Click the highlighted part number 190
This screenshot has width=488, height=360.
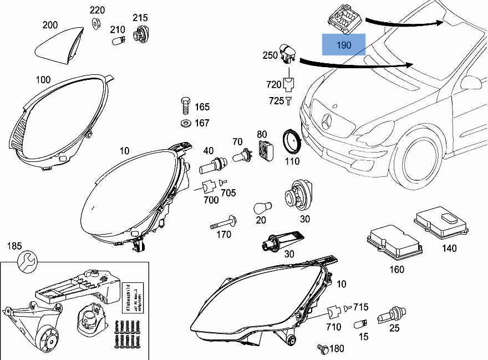[344, 44]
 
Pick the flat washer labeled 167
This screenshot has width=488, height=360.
[185, 123]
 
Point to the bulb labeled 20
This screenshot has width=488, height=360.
[261, 208]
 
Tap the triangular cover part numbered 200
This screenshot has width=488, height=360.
[58, 44]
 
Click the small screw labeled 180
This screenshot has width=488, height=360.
[322, 348]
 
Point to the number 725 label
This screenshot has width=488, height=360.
[276, 101]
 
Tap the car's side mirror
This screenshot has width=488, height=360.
[471, 83]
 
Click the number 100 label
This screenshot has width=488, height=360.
[43, 80]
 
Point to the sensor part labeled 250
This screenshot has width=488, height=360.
[288, 55]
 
